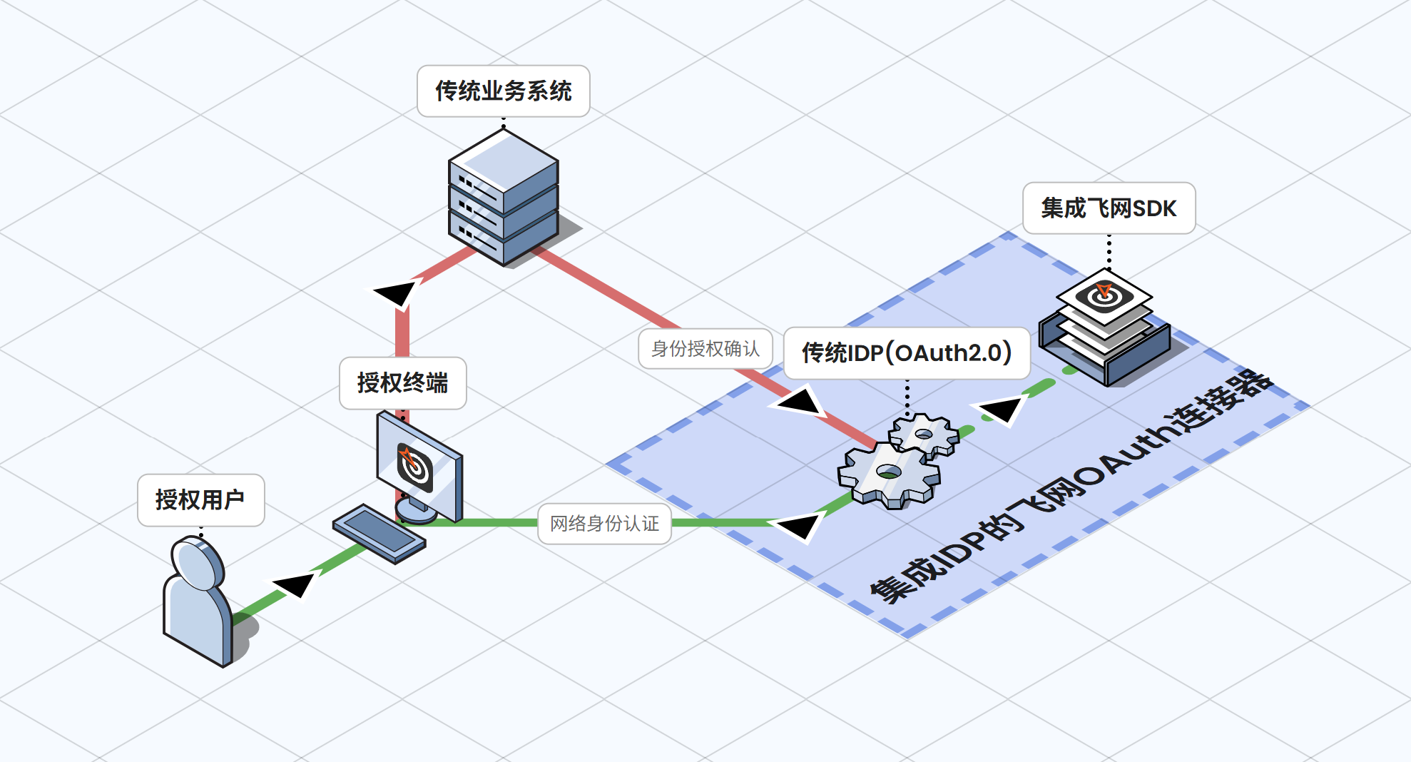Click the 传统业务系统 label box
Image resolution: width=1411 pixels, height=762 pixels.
503,91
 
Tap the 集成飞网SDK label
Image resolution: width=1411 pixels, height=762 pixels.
1109,208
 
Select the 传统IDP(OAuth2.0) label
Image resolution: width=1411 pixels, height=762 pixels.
906,353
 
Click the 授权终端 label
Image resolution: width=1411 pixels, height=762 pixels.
402,383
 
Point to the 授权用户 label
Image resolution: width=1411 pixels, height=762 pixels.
200,500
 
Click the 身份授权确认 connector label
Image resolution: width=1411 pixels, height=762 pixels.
705,349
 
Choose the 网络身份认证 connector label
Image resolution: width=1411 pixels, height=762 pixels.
604,524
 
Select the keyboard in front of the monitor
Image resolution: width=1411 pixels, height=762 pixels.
379,533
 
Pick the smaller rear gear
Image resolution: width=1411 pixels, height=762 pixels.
924,434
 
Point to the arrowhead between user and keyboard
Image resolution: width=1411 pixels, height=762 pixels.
295,584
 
